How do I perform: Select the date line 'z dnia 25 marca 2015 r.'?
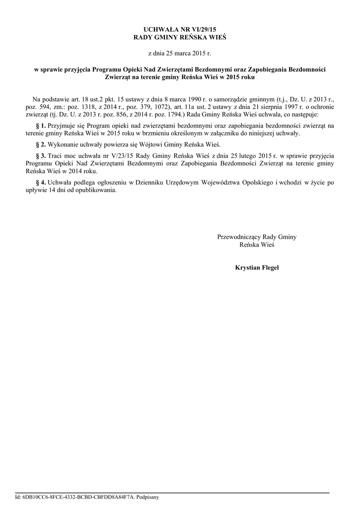(x=180, y=53)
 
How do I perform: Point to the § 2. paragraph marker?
(x=41, y=145)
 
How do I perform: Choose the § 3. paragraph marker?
(x=41, y=156)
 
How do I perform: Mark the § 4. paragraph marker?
(x=41, y=182)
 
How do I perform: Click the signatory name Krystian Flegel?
(x=257, y=268)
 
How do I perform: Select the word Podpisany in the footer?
(x=147, y=497)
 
